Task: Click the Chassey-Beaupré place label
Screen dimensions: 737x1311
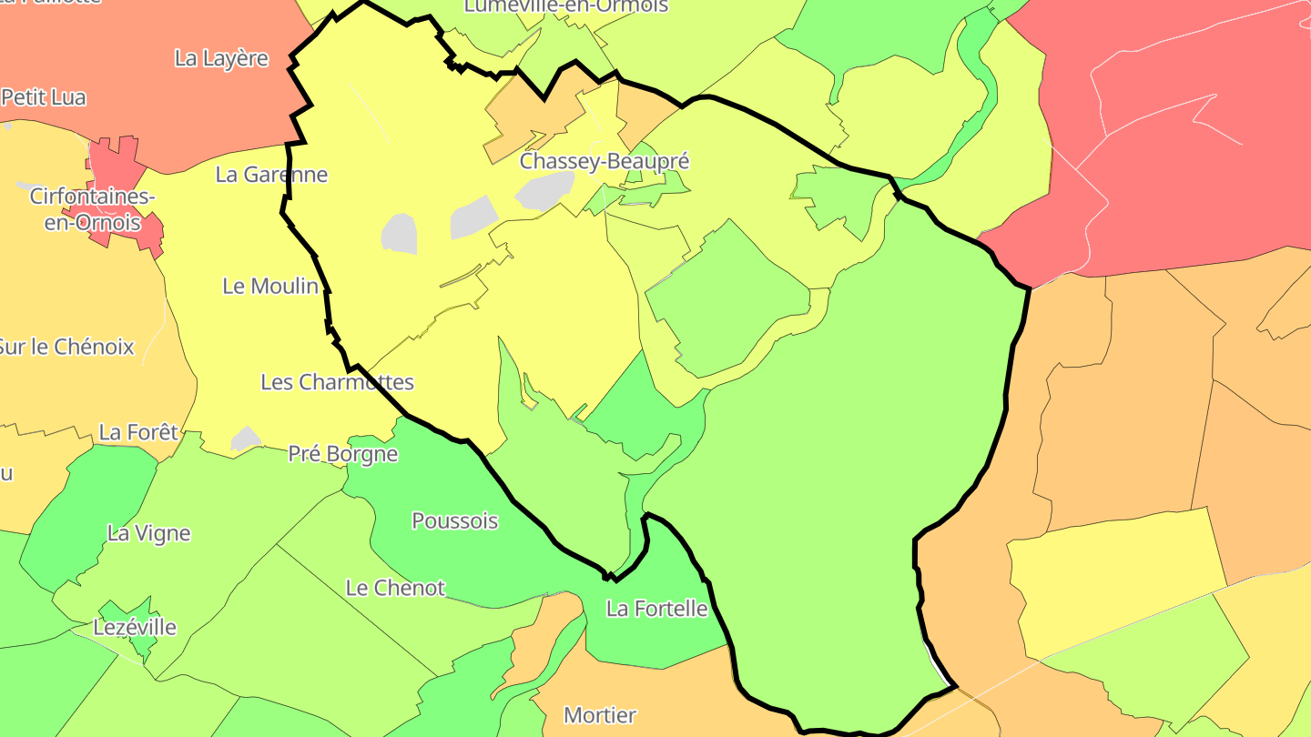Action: pyautogui.click(x=604, y=162)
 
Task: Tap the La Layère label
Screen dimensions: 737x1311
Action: pyautogui.click(x=221, y=58)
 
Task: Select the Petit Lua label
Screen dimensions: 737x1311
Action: pyautogui.click(x=44, y=97)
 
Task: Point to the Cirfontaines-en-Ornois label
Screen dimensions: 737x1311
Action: pyautogui.click(x=92, y=209)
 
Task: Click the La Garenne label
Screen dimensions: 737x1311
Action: pyautogui.click(x=271, y=175)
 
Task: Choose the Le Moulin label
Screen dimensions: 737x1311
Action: pyautogui.click(x=270, y=286)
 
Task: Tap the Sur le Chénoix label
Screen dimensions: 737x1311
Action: pyautogui.click(x=66, y=347)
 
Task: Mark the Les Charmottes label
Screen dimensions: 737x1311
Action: pyautogui.click(x=337, y=382)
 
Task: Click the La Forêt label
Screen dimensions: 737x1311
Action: pyautogui.click(x=138, y=432)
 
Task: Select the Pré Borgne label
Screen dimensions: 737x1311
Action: pyautogui.click(x=342, y=454)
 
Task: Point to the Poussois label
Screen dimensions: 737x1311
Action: pyautogui.click(x=455, y=521)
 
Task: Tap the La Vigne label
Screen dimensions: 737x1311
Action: pyautogui.click(x=148, y=533)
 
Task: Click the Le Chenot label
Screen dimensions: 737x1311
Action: pyautogui.click(x=395, y=588)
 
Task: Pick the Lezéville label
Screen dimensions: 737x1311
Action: pyautogui.click(x=135, y=628)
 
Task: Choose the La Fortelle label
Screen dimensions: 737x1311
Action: pyautogui.click(x=656, y=609)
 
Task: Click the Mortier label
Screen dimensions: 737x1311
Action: pyautogui.click(x=600, y=715)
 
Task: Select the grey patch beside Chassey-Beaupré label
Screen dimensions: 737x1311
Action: pyautogui.click(x=544, y=190)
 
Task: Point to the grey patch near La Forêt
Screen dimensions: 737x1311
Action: pyautogui.click(x=245, y=439)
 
